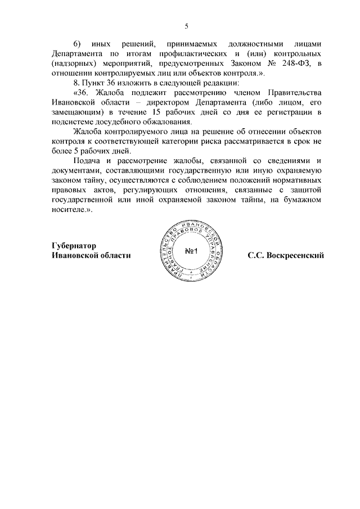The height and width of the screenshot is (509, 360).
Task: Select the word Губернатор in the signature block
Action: click(x=73, y=246)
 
